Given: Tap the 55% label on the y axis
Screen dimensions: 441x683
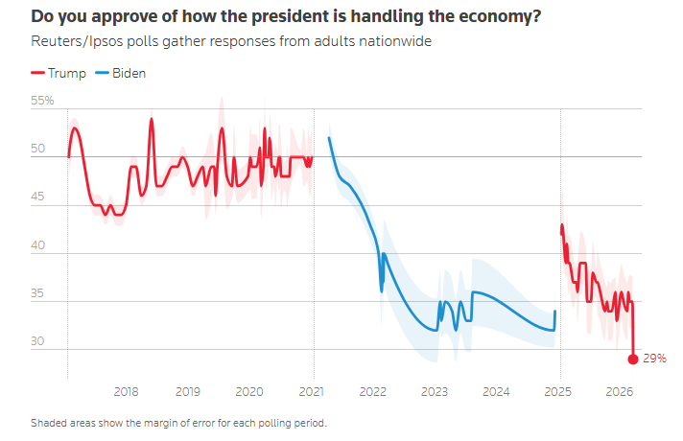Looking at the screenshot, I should [43, 101].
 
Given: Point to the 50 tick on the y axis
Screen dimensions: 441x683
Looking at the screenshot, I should [38, 149].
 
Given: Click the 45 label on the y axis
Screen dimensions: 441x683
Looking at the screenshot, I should [38, 197].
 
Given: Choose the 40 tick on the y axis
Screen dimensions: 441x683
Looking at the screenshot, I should [38, 245].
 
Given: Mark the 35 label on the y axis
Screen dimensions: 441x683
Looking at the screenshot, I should [38, 294].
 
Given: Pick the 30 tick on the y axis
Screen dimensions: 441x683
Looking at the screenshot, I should [38, 342].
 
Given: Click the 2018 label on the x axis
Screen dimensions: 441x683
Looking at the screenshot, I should [126, 391].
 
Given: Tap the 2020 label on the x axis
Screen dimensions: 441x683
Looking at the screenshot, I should [248, 391].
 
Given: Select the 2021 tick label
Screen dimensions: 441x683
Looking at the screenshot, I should [311, 391].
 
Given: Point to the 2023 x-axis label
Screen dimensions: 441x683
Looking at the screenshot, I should [434, 391].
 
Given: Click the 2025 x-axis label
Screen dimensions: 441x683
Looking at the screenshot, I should [557, 391].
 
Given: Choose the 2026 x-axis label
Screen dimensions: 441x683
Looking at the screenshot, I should [619, 391].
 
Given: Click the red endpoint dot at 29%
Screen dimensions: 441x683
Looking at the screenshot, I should [633, 360].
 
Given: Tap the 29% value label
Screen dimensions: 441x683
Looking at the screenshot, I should [655, 359].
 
